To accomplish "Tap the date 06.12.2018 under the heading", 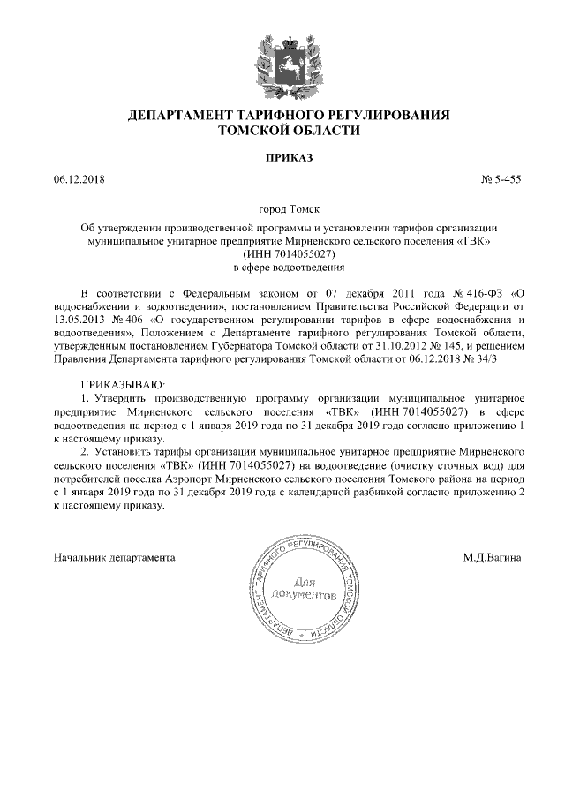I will tap(79, 181).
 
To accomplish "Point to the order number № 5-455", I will tap(501, 181).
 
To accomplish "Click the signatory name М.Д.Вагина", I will tap(492, 557).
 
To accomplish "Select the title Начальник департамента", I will tap(114, 557).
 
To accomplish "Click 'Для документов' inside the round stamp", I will tap(303, 590).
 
